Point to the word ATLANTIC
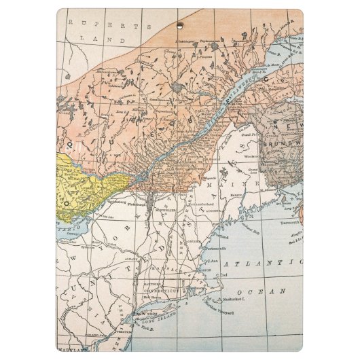267,262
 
